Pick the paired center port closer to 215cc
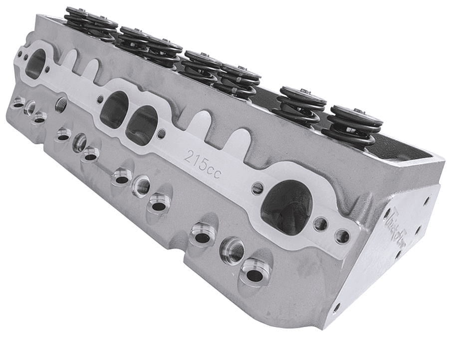[142, 124]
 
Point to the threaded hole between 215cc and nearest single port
[257, 188]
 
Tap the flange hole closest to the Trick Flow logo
[342, 236]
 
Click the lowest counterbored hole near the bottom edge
[255, 275]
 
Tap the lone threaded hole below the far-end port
[61, 104]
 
